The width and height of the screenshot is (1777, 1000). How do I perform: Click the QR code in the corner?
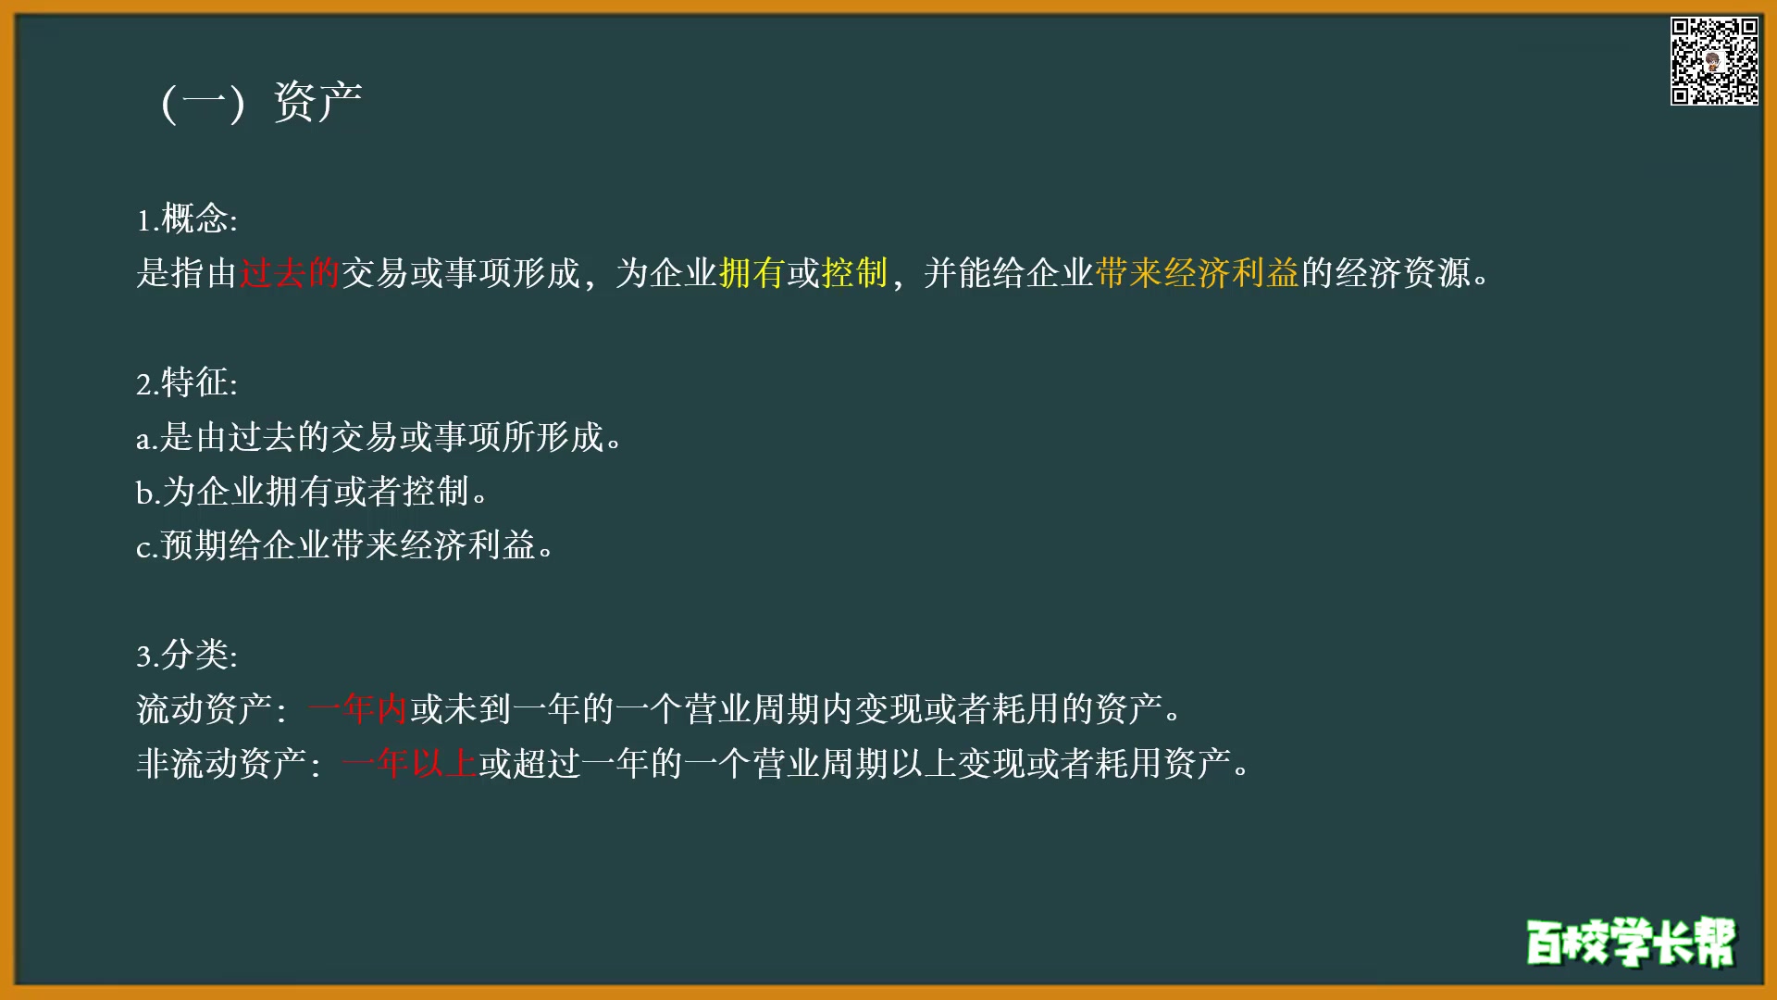pos(1713,61)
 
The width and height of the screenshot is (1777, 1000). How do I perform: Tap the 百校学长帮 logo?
pos(1631,943)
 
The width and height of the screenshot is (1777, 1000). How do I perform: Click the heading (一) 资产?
pos(261,102)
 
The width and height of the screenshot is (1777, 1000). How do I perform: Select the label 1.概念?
pos(187,219)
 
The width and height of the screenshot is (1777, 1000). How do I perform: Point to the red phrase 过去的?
pos(290,273)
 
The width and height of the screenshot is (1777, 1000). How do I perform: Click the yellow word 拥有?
pos(752,273)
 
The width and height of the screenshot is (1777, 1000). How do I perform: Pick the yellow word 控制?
pos(854,273)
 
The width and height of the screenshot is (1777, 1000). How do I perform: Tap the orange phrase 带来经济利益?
pos(1198,273)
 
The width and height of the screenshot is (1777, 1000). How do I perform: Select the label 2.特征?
pos(187,382)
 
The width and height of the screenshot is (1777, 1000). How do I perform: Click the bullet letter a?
pos(143,439)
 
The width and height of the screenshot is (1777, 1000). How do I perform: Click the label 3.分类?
pos(187,655)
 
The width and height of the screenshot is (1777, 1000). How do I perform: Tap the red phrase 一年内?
pos(358,709)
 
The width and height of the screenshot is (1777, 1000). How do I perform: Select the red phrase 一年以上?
pos(409,764)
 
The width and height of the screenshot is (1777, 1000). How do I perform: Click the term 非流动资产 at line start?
pos(221,764)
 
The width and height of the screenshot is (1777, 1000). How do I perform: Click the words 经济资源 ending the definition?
pos(1403,273)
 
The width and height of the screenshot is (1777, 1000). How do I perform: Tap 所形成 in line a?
pos(553,437)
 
